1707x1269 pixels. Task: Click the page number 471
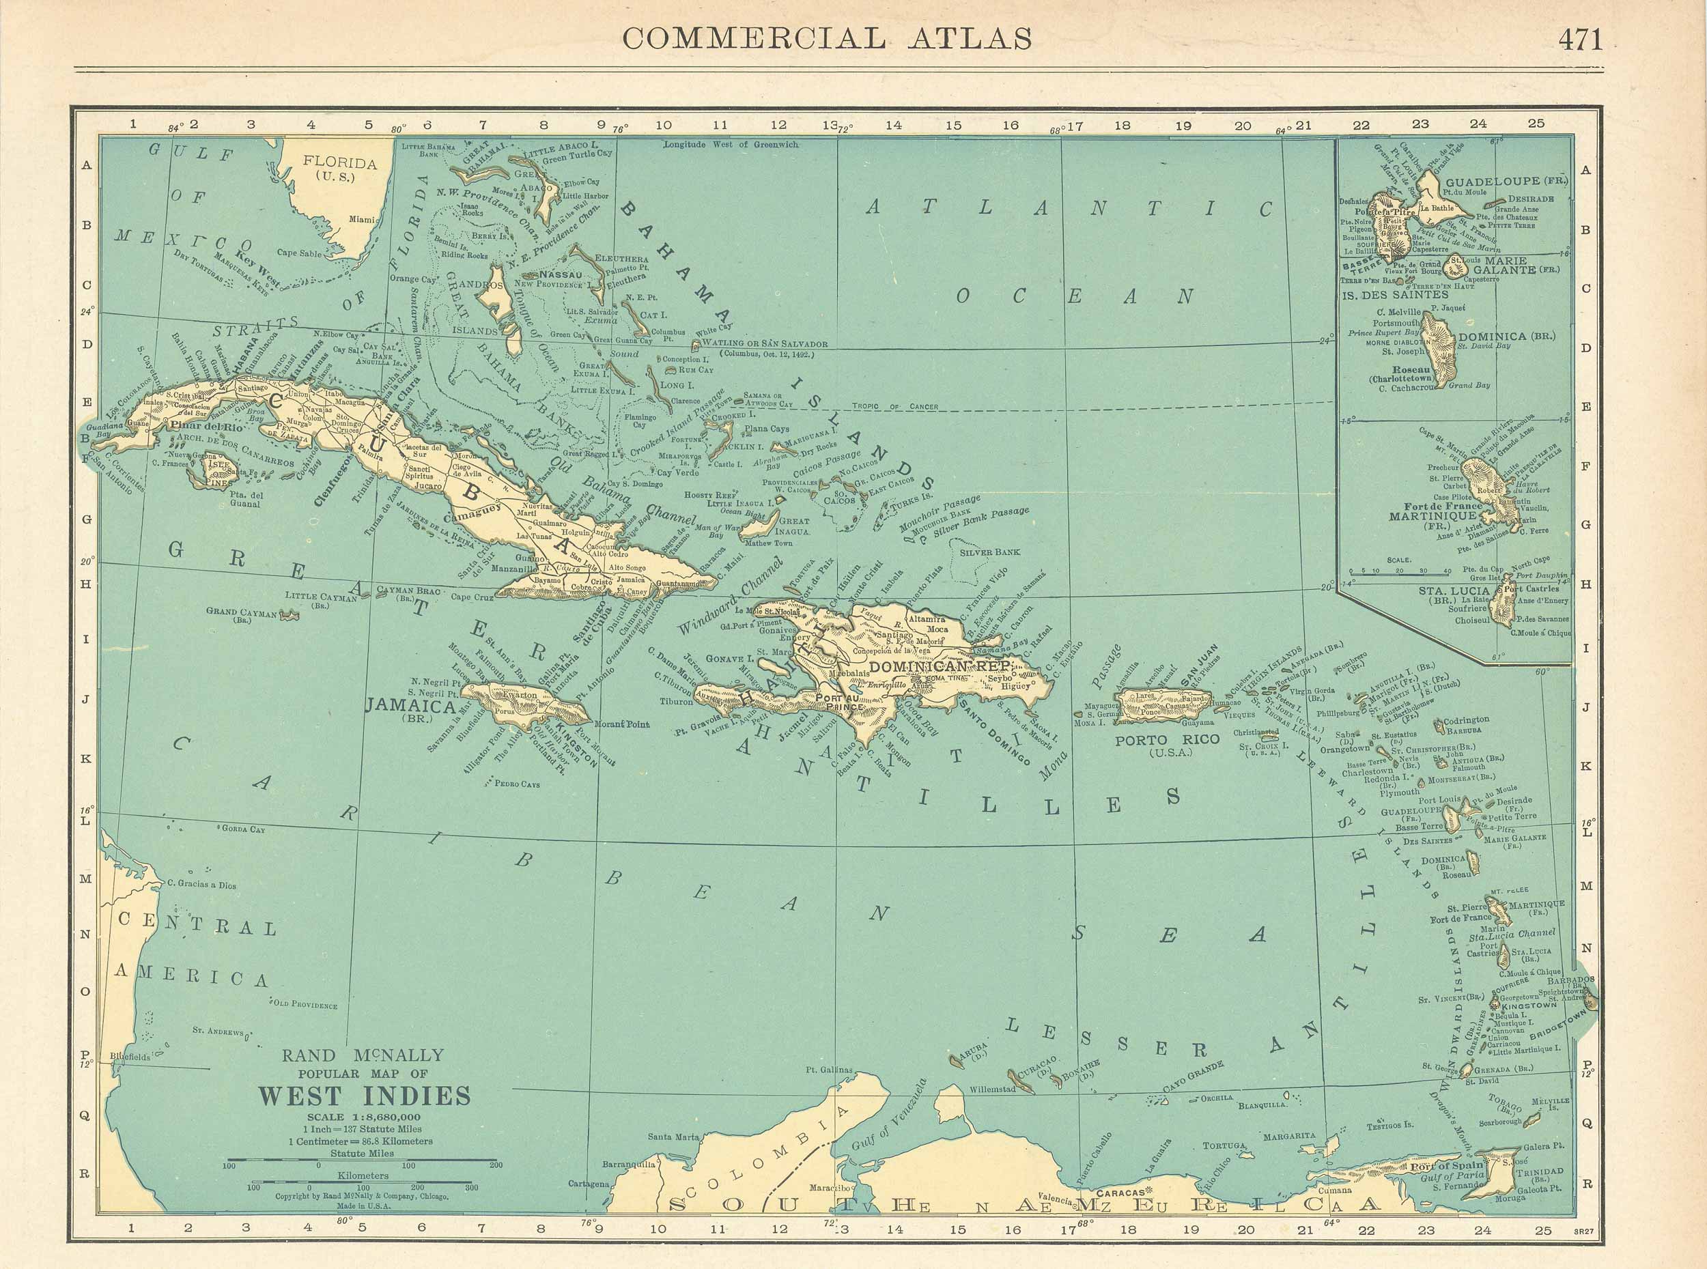pos(1580,38)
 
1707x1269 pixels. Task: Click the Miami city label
pos(361,218)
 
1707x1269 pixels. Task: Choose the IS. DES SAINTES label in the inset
pos(1394,294)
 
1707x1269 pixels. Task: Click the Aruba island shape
pos(958,1060)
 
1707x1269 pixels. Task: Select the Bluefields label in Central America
pos(129,1057)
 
